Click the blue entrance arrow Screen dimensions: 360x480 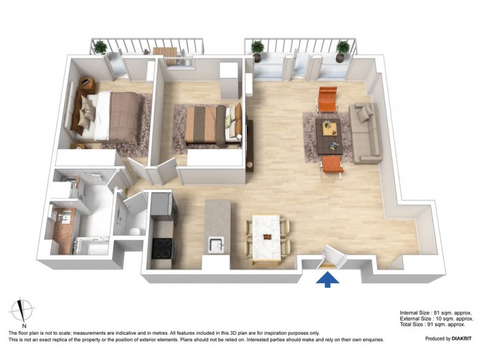(328, 279)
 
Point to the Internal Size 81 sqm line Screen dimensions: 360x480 (436, 313)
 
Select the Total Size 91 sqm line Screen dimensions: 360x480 (432, 325)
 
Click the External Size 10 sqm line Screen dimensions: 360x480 (436, 319)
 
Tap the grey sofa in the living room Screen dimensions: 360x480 (364, 132)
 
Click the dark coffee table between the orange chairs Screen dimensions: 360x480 (328, 134)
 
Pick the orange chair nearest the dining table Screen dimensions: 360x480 (332, 166)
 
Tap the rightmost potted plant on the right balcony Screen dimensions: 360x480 (343, 49)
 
